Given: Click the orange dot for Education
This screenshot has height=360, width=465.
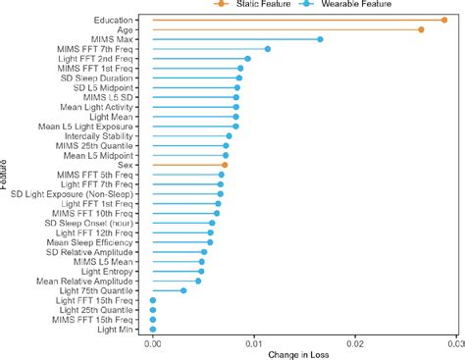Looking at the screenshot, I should pyautogui.click(x=442, y=20).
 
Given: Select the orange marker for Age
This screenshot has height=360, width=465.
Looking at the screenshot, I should pyautogui.click(x=421, y=29).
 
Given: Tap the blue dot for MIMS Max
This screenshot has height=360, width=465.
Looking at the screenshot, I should pyautogui.click(x=320, y=39).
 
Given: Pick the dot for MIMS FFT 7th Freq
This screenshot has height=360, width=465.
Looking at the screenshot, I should pyautogui.click(x=267, y=49).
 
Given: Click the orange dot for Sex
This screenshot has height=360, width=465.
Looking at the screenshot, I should pyautogui.click(x=224, y=165).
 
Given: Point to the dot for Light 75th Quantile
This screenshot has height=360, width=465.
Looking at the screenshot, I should pyautogui.click(x=183, y=290).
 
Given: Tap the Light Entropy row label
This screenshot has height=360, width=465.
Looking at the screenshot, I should pyautogui.click(x=111, y=271).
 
